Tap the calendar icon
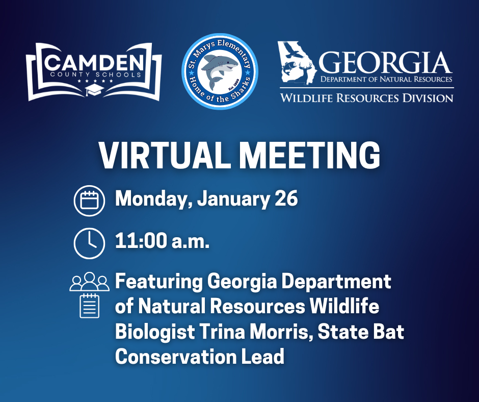[x=89, y=199]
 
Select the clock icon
[x=89, y=243]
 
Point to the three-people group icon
[x=90, y=282]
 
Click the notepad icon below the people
[x=90, y=306]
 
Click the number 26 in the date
[x=286, y=199]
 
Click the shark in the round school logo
[x=220, y=71]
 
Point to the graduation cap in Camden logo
[x=94, y=90]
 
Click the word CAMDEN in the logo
[x=94, y=63]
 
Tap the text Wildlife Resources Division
[x=366, y=97]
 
